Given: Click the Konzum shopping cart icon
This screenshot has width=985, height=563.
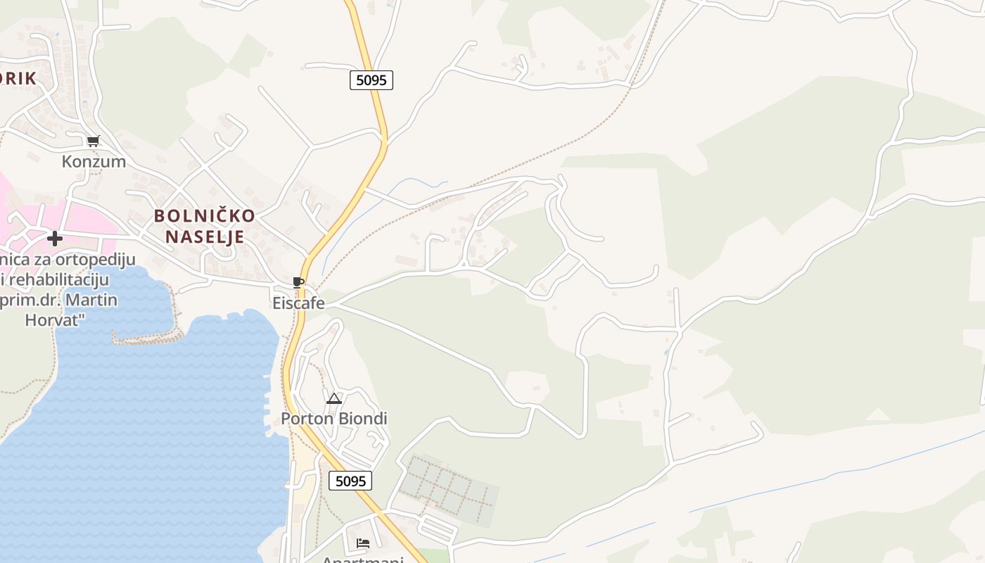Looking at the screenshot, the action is click(x=94, y=141).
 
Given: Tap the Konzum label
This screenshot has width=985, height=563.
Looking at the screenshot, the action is click(x=94, y=161).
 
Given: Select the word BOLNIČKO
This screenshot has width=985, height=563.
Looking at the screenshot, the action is click(x=204, y=215).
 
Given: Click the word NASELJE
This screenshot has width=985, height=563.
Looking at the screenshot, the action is click(x=205, y=236).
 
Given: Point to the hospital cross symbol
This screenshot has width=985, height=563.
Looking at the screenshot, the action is click(x=55, y=239).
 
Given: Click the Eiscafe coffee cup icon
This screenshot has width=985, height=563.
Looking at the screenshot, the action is click(x=298, y=283).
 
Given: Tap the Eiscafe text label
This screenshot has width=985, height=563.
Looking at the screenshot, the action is click(x=299, y=303).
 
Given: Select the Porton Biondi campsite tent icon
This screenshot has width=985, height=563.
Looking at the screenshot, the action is click(x=333, y=399).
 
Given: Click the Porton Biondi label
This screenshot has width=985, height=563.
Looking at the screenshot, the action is click(x=334, y=419).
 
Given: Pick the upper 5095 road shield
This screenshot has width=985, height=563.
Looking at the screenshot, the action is click(x=371, y=80).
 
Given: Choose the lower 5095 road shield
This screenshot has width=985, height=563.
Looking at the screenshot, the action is click(x=350, y=481).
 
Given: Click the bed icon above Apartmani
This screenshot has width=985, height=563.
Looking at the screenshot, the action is click(x=363, y=543).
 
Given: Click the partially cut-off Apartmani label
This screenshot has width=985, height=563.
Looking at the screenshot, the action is click(x=362, y=559).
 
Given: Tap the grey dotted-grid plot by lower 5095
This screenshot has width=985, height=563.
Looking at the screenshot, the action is click(x=449, y=491).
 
